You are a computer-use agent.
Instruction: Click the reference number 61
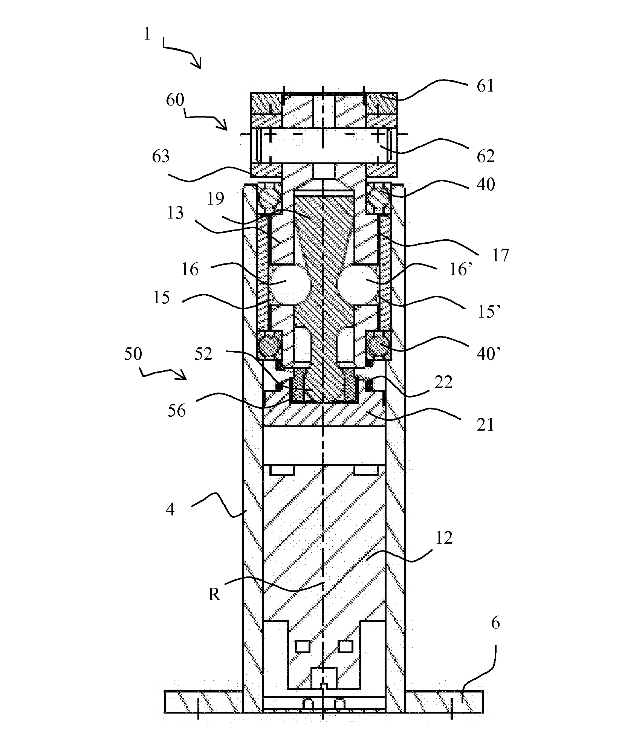tap(485, 86)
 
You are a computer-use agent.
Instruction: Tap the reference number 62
tap(485, 156)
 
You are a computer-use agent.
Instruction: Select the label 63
tap(161, 156)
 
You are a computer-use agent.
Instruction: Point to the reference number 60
tap(175, 100)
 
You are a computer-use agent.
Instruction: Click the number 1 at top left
tap(147, 34)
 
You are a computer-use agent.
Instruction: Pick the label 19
tap(216, 199)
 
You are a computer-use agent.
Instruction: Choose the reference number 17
tap(500, 255)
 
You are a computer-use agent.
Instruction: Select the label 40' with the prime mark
tap(489, 354)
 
